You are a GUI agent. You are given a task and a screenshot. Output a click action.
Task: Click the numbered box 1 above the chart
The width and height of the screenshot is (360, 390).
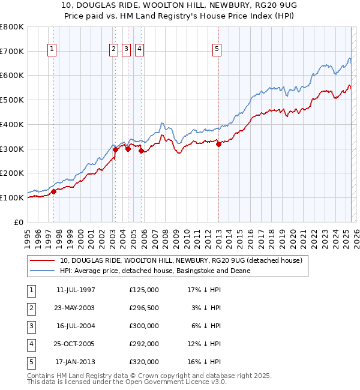(53, 50)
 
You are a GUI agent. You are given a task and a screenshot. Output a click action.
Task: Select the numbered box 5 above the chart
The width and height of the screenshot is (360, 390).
(217, 50)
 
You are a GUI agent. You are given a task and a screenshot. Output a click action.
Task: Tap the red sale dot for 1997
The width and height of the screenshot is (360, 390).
(53, 191)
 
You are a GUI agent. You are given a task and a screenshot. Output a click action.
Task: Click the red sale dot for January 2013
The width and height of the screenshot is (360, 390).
(218, 143)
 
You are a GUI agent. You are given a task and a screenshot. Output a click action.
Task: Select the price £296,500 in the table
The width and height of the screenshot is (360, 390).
(144, 308)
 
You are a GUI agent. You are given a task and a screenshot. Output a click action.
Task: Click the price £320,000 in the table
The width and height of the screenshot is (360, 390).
(144, 362)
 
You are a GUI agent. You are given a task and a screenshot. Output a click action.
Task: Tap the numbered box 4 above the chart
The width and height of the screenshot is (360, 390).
(139, 50)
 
